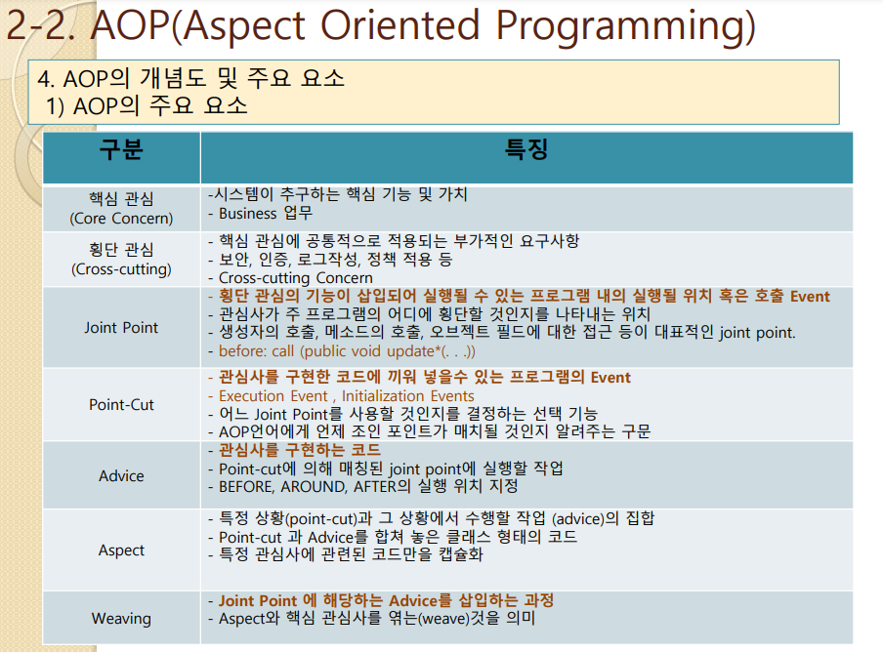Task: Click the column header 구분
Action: click(121, 149)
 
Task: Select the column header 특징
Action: click(526, 149)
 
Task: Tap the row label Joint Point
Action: click(121, 327)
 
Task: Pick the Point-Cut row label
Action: click(121, 404)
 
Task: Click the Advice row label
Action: click(121, 476)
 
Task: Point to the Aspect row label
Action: click(121, 550)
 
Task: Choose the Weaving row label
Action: click(121, 618)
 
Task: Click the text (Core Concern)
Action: click(121, 219)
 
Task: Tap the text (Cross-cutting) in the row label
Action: click(121, 268)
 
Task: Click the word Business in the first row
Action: click(247, 214)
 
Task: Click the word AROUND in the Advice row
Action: click(314, 487)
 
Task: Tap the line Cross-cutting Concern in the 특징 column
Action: click(296, 278)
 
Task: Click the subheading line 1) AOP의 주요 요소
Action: click(147, 105)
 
